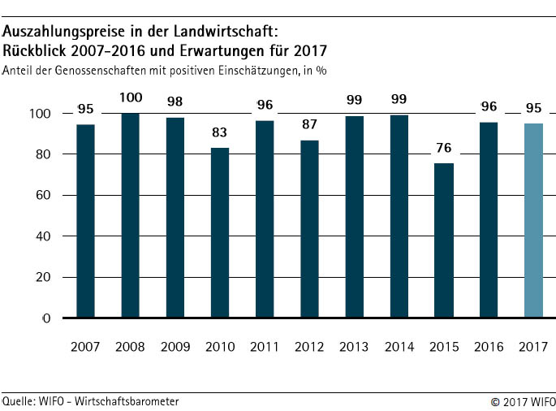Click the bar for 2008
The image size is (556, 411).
[130, 215]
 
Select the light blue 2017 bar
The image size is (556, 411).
[533, 220]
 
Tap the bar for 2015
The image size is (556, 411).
[443, 240]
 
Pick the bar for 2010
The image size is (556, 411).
[220, 233]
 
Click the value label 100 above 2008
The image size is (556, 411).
[130, 98]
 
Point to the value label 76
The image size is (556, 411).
[443, 149]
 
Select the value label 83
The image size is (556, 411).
[220, 133]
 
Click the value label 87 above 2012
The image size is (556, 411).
[309, 126]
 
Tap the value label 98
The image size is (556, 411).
[175, 103]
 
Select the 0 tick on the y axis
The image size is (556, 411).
[46, 318]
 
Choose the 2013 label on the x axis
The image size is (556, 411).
[354, 347]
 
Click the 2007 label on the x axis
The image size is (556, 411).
[85, 347]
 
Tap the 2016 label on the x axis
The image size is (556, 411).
[488, 347]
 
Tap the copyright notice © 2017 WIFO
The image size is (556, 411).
[522, 401]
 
